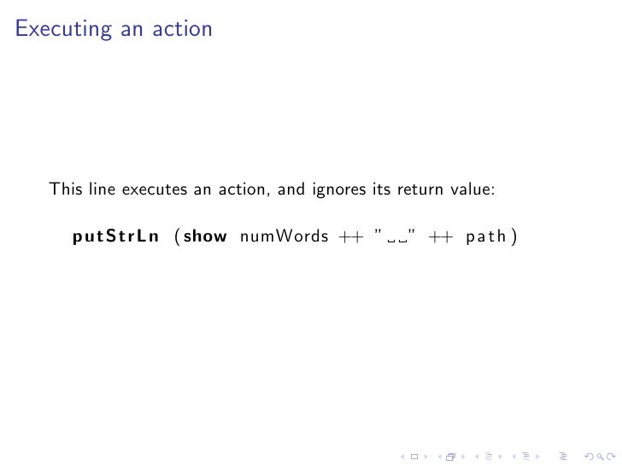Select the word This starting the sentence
[66, 189]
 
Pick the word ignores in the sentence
[340, 189]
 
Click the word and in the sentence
[291, 189]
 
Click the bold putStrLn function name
[116, 236]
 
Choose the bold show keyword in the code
[205, 236]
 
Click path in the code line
[487, 236]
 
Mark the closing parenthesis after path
[514, 236]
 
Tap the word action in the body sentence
[244, 189]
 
